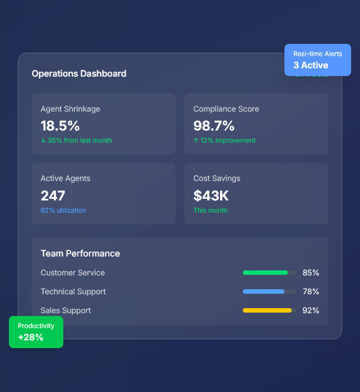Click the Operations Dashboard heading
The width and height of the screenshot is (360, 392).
tap(79, 73)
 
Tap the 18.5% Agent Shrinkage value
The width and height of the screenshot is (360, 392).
tap(60, 125)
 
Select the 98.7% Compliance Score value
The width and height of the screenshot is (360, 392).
tap(214, 125)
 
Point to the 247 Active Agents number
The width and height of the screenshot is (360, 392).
tap(53, 195)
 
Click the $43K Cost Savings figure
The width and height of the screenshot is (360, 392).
tap(211, 195)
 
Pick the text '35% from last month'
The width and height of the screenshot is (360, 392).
tap(79, 140)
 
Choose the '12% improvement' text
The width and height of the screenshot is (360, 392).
tap(227, 140)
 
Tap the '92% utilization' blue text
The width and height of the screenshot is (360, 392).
tap(63, 210)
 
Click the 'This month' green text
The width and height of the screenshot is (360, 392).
tap(211, 210)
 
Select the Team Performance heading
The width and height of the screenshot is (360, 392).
tap(80, 253)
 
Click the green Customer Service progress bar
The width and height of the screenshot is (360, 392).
tap(266, 273)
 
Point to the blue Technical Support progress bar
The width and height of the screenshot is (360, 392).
tap(264, 292)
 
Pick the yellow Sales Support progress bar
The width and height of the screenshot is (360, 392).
tap(267, 310)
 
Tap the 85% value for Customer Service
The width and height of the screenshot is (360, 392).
tap(311, 273)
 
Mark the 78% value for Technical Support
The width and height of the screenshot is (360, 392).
tap(311, 292)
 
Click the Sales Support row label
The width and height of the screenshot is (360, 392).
tap(66, 310)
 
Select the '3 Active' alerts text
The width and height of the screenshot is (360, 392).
tap(311, 65)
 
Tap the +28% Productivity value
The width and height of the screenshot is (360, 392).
tap(31, 337)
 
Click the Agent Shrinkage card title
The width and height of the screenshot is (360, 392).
tap(71, 109)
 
